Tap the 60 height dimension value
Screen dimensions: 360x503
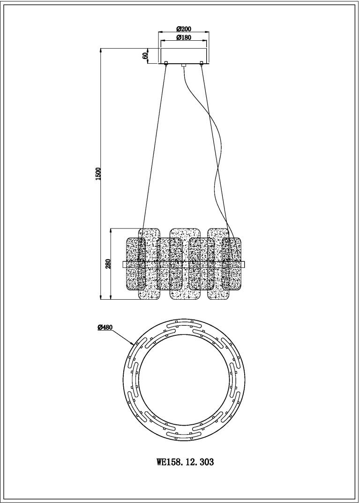point(145,55)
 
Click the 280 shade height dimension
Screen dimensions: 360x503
point(108,264)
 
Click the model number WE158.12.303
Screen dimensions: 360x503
point(185,462)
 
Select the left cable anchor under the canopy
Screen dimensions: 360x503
point(166,63)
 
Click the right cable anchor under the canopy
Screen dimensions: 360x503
point(202,63)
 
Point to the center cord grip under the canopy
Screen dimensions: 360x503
point(184,65)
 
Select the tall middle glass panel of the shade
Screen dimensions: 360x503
point(184,264)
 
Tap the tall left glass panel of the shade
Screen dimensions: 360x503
point(149,264)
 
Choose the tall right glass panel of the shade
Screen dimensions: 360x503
point(219,264)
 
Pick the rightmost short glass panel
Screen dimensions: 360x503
point(232,264)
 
